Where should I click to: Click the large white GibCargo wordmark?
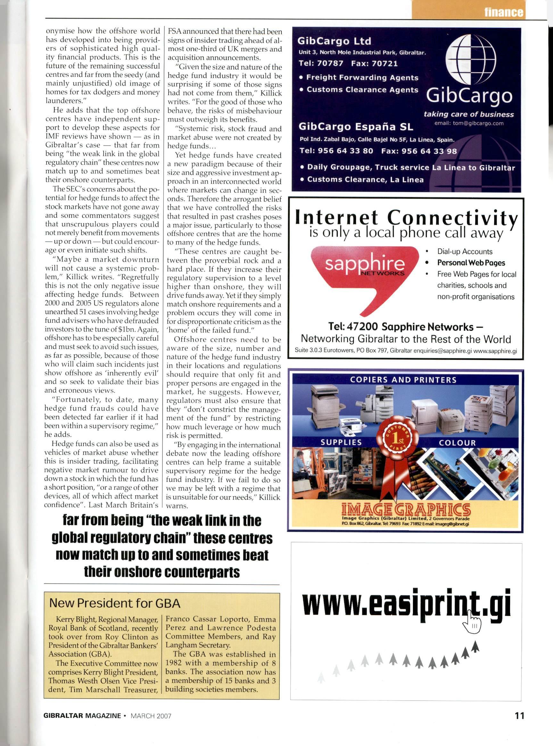click(469, 96)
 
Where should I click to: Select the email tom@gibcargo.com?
click(469, 123)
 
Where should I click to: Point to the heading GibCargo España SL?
click(356, 127)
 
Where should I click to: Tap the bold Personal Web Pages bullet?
click(471, 263)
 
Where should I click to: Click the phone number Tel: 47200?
click(353, 326)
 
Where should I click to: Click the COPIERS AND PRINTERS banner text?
click(403, 380)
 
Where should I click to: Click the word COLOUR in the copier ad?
click(457, 443)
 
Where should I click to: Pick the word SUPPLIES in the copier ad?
click(341, 442)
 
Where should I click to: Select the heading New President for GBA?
click(114, 603)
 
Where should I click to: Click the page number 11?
click(519, 716)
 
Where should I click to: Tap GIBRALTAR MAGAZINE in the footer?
click(82, 716)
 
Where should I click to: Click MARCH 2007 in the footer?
click(151, 716)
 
